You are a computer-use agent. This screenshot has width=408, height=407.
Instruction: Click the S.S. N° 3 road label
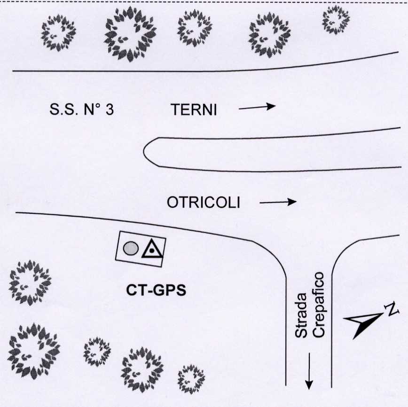point(82,110)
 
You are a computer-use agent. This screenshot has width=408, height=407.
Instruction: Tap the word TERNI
point(194,110)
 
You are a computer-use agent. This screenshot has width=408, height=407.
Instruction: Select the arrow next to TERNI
point(257,107)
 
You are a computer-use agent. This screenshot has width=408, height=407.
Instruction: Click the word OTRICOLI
point(203,202)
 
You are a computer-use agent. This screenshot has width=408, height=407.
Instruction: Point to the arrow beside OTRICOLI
point(278,202)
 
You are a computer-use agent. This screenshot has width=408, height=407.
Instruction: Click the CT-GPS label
point(156,290)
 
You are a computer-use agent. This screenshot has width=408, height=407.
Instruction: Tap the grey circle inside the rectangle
point(131,248)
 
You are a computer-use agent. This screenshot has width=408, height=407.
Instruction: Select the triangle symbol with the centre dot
point(152,249)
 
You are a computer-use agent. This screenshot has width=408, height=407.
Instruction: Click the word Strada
point(302,315)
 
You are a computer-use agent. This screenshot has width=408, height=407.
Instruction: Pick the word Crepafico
point(319,305)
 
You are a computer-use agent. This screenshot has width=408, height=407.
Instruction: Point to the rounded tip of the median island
point(144,152)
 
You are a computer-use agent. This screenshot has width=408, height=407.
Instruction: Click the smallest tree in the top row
point(336,20)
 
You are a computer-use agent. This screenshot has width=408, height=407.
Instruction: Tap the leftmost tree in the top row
point(58,33)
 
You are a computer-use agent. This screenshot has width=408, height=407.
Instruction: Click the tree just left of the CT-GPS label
point(30,282)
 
